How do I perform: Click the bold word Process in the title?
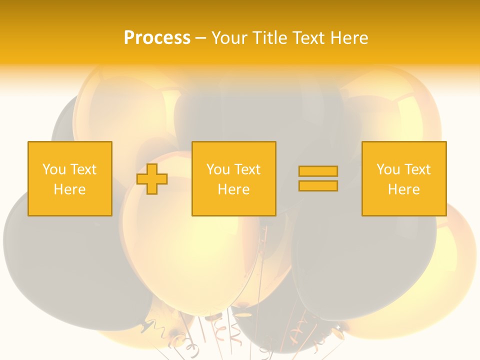(157, 38)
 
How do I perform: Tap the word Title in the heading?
(269, 38)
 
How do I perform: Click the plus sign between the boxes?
(152, 179)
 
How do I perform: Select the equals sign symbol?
(318, 178)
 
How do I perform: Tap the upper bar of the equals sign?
(318, 171)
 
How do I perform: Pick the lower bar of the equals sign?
(318, 185)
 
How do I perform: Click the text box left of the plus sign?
(70, 178)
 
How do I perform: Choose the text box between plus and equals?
(233, 178)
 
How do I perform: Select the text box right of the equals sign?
(404, 178)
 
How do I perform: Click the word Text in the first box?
(83, 169)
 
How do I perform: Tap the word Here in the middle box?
(233, 189)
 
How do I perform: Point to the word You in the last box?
(388, 169)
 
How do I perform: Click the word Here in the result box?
(404, 189)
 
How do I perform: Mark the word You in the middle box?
(218, 169)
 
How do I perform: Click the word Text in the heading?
(306, 38)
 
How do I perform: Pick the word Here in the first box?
(69, 189)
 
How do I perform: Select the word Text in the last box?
(417, 169)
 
